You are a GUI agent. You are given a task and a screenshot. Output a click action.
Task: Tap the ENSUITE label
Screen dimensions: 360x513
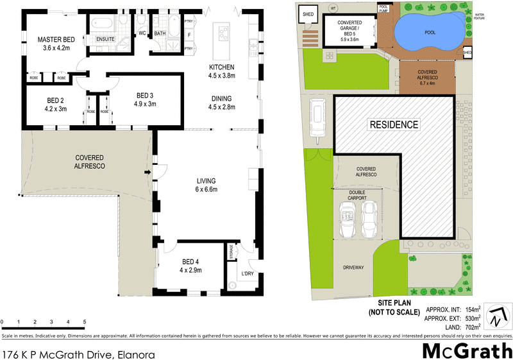(106, 39)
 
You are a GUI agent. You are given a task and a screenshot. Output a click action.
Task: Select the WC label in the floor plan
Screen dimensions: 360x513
(142, 33)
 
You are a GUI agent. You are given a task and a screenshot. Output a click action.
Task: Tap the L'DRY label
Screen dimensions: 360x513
(247, 275)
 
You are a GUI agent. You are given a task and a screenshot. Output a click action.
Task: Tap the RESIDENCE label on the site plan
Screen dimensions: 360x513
(393, 124)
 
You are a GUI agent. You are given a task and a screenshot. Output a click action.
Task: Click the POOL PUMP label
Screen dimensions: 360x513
(383, 8)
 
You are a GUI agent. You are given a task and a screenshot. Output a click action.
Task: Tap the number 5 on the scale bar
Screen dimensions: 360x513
(85, 321)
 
